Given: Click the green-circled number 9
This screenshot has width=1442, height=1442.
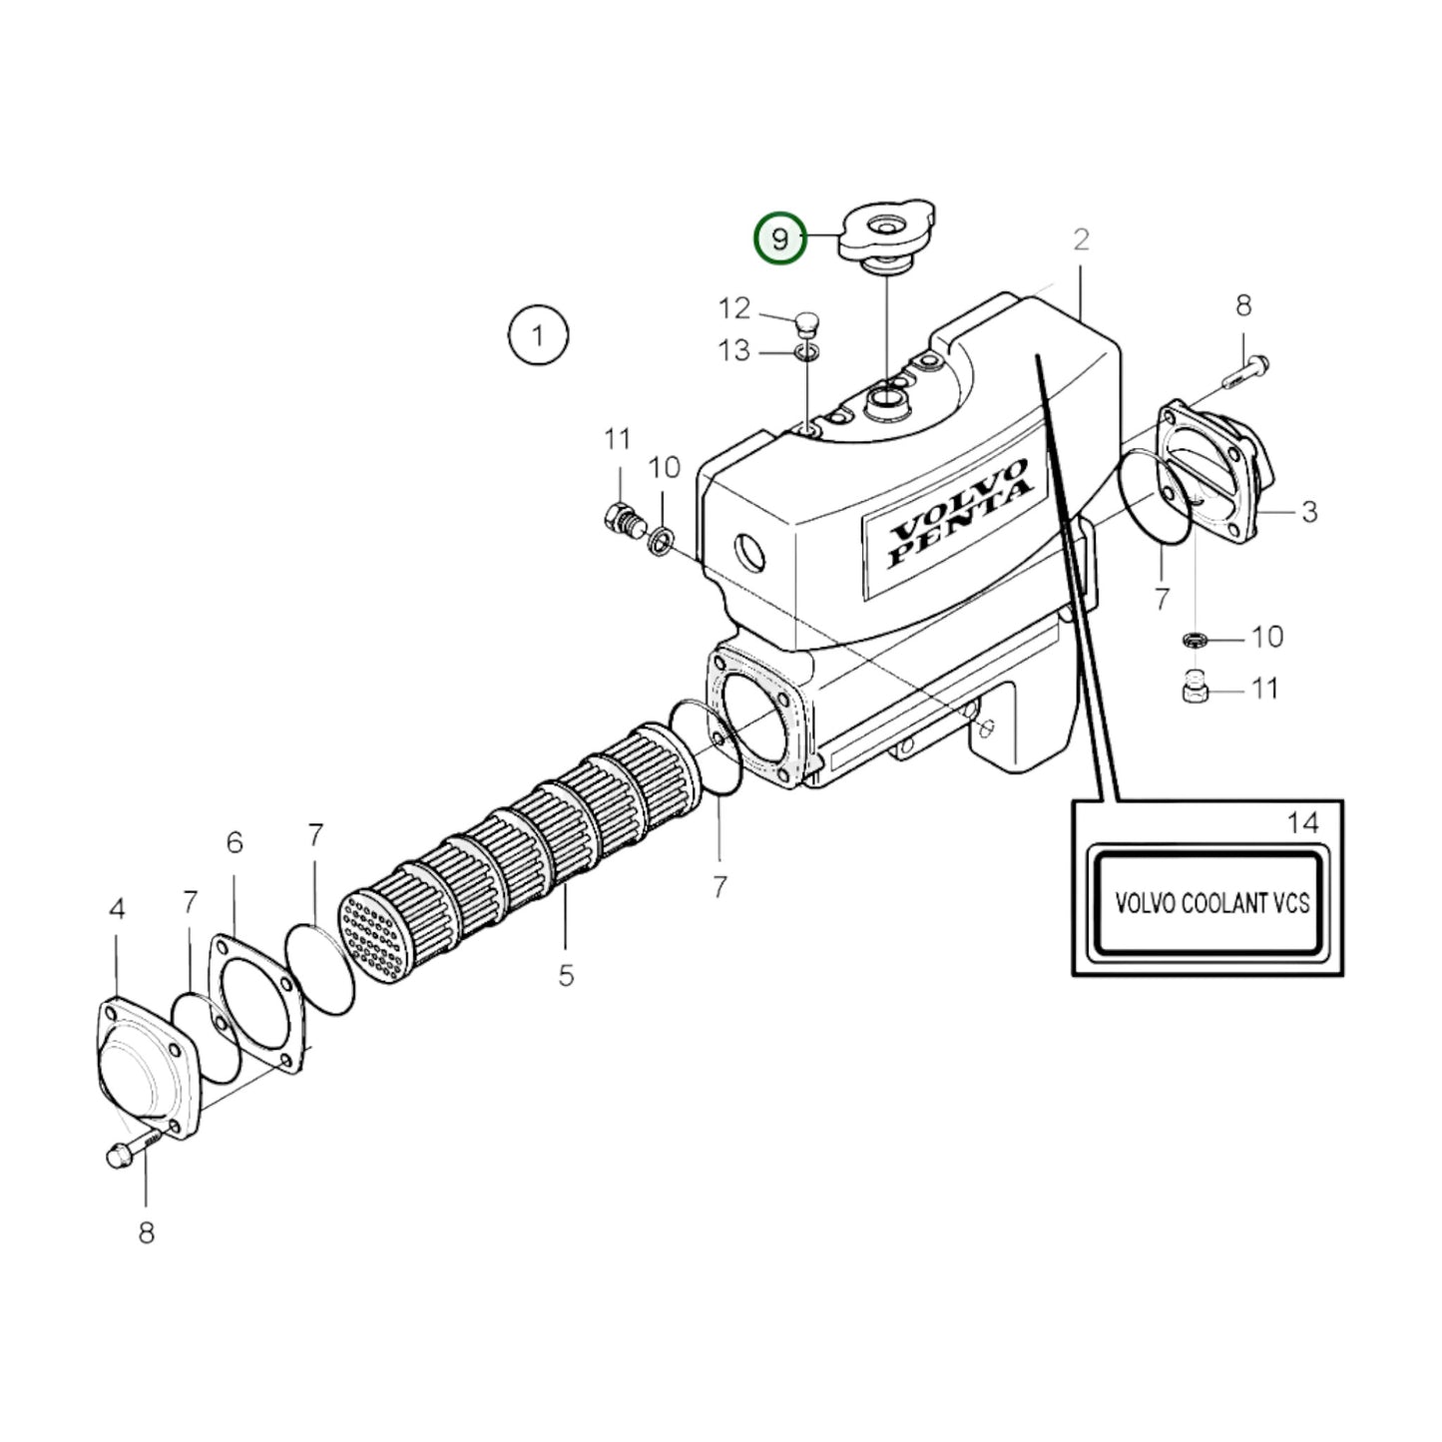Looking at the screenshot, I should tap(779, 240).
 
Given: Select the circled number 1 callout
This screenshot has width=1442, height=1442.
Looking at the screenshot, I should tap(538, 335).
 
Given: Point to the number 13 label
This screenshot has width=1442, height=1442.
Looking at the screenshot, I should tap(734, 351).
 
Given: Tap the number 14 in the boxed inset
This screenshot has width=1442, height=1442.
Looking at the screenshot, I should tap(1302, 823).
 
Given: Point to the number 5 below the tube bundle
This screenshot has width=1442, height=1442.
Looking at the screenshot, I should tap(566, 975).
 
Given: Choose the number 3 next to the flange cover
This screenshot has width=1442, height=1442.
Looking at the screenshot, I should tap(1309, 512).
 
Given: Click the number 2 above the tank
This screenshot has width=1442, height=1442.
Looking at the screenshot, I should tap(1081, 240).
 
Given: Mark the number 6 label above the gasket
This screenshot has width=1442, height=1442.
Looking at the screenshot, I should tap(235, 843).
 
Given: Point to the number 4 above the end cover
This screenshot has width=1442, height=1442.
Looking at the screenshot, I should tap(117, 909).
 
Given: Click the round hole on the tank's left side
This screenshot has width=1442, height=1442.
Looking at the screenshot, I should tap(748, 550).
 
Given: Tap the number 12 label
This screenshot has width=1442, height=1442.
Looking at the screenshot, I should tap(734, 308).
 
